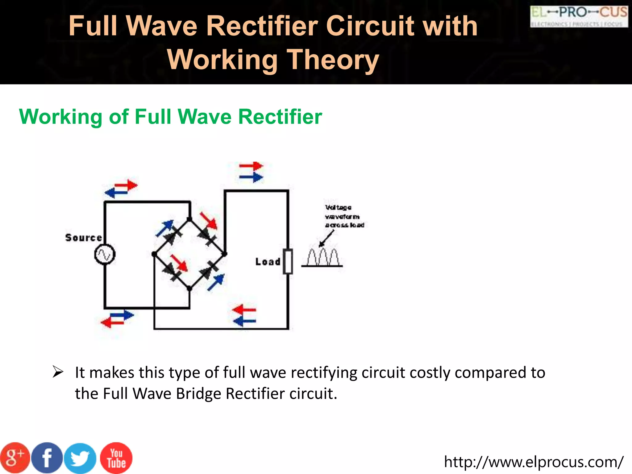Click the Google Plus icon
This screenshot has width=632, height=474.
click(15, 458)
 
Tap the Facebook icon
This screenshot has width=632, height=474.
click(47, 458)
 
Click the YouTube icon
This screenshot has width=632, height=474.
click(116, 458)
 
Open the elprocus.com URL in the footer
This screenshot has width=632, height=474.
click(534, 462)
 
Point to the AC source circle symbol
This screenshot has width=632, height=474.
click(105, 255)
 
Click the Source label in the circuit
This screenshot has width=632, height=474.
click(84, 238)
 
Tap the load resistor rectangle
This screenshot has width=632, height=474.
click(288, 261)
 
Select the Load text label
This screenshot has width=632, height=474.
click(268, 262)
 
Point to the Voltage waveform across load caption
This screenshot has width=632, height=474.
click(344, 216)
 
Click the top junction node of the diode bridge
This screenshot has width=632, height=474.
click(189, 219)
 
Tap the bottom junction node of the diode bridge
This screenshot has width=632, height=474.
click(189, 289)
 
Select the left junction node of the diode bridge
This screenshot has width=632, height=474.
click(154, 254)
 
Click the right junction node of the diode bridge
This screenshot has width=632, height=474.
click(225, 254)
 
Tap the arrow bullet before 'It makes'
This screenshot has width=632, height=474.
click(58, 372)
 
